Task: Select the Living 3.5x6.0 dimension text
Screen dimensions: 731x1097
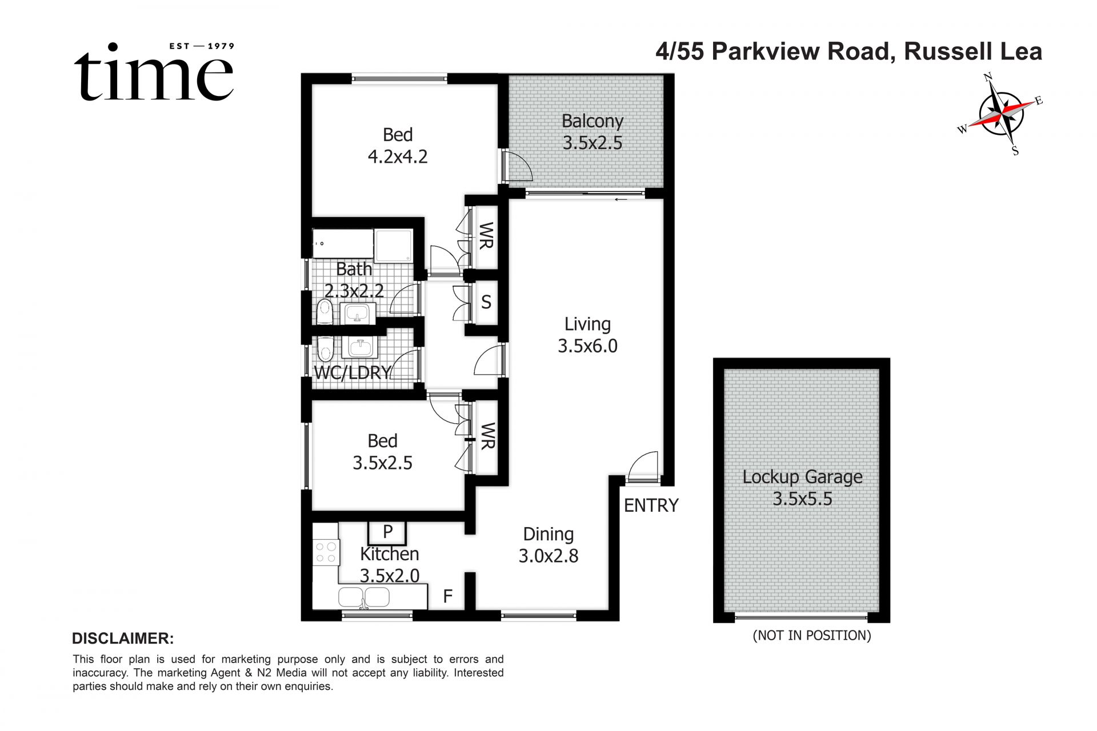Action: tap(587, 346)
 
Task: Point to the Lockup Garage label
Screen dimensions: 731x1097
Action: tap(802, 477)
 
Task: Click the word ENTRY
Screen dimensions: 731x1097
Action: tap(651, 505)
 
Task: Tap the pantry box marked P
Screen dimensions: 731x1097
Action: tap(387, 532)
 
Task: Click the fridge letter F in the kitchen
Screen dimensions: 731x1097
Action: tap(448, 597)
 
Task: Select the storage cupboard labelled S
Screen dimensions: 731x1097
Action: tap(486, 302)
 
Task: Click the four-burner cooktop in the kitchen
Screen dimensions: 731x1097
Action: tap(326, 552)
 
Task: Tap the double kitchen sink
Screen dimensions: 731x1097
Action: tap(364, 597)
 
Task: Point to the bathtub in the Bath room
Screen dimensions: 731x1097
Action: tap(343, 244)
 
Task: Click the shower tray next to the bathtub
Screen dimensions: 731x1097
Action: tap(394, 246)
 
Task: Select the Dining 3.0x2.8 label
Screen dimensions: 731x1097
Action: tap(548, 545)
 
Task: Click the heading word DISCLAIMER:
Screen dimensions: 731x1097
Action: tap(123, 638)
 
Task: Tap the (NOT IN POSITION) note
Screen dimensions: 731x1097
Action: tap(811, 636)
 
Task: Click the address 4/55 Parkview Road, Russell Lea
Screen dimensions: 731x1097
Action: tap(848, 51)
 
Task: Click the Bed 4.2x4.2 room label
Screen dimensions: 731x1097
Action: tap(398, 146)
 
